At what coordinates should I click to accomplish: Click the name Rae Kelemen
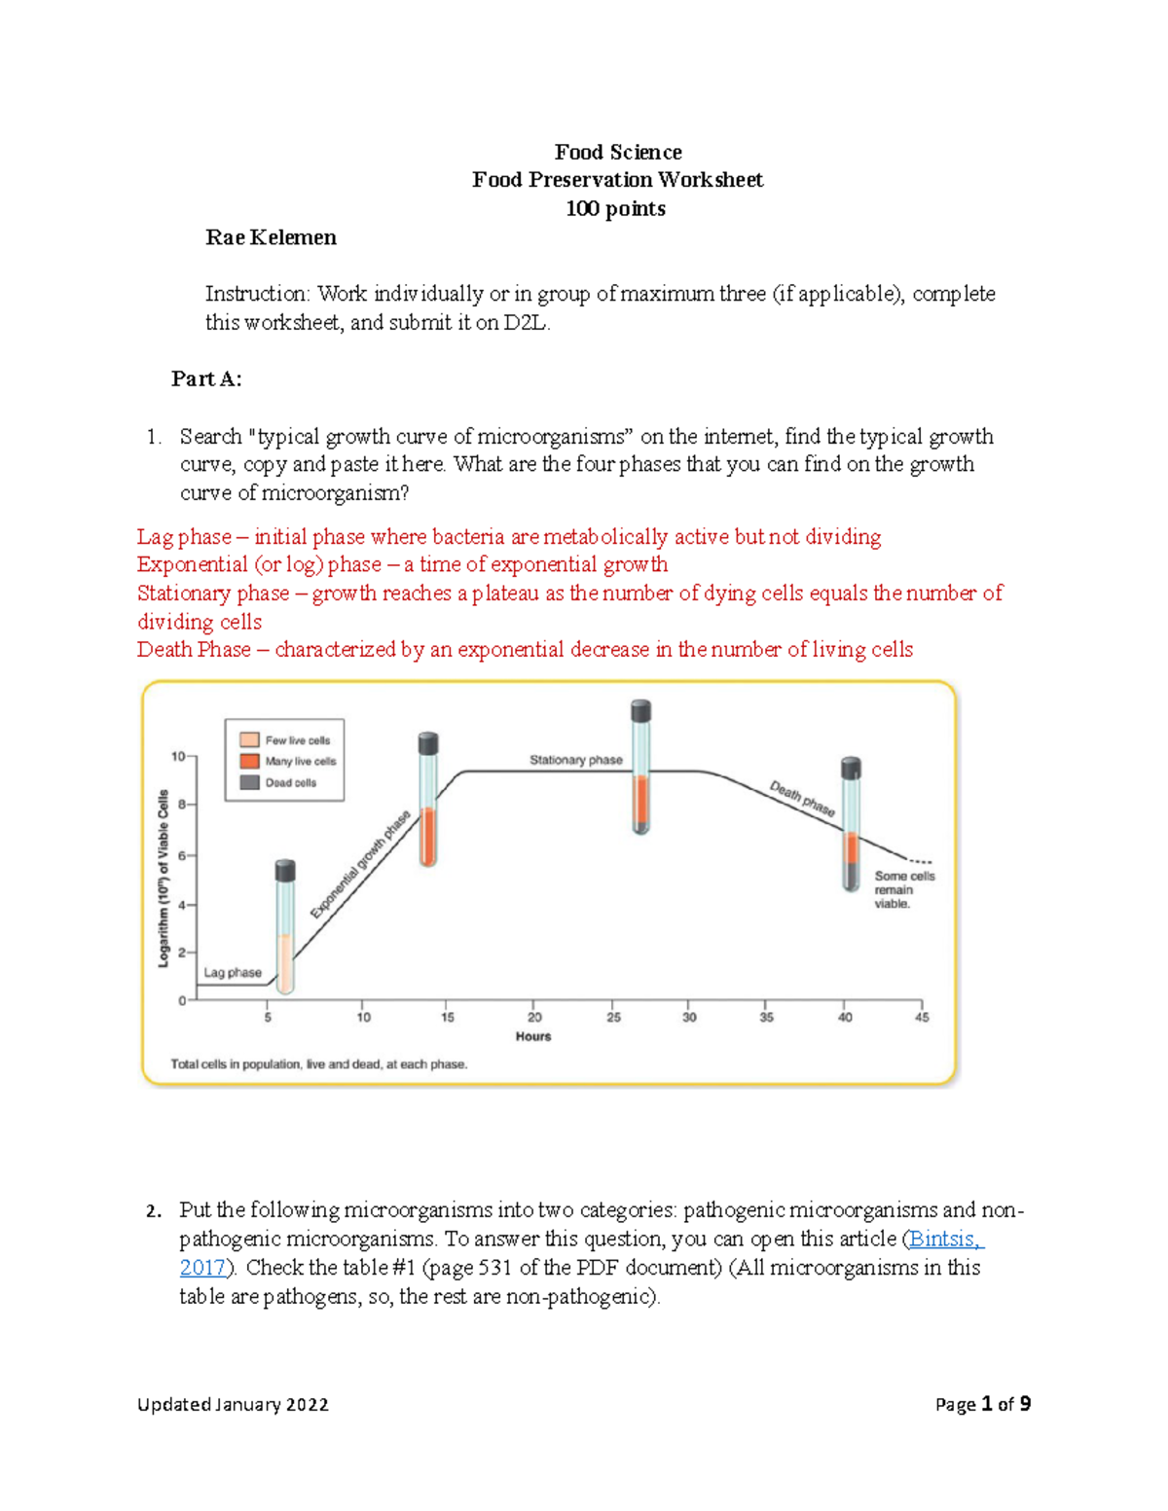(x=271, y=237)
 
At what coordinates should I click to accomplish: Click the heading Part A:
(x=206, y=379)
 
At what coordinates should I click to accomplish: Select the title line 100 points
(x=615, y=209)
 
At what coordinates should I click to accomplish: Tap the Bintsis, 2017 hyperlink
(x=945, y=1240)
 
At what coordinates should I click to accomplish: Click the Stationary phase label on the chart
(x=575, y=760)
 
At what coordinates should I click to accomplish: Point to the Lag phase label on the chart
(x=232, y=972)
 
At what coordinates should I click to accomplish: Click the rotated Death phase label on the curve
(x=802, y=799)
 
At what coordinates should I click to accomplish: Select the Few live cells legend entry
(x=297, y=740)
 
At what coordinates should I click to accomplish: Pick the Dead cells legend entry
(x=290, y=782)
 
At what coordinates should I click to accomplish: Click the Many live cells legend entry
(x=300, y=762)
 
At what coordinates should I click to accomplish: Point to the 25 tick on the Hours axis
(x=613, y=1017)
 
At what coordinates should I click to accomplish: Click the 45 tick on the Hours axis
(x=922, y=1017)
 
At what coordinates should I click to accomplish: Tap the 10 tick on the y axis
(x=178, y=756)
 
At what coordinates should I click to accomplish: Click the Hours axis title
(x=533, y=1037)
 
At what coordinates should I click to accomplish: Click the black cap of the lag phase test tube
(x=285, y=870)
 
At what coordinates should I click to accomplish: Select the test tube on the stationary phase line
(x=640, y=769)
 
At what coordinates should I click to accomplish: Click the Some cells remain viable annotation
(x=903, y=889)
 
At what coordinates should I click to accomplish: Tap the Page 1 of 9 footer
(x=982, y=1404)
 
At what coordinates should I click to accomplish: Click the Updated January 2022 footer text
(x=233, y=1404)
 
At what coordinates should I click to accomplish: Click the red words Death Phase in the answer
(x=194, y=650)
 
